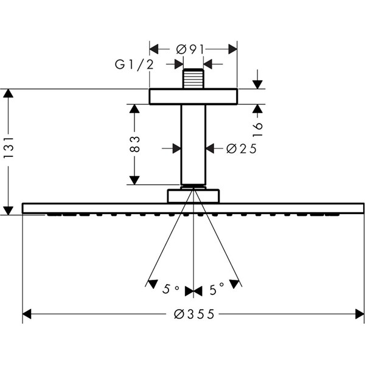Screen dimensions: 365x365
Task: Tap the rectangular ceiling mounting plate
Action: coord(193,97)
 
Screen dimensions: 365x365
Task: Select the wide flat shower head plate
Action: coord(193,208)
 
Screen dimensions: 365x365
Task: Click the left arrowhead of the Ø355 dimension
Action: coord(27,315)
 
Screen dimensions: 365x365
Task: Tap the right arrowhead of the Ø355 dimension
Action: coord(360,315)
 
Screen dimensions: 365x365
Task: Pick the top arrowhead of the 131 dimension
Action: coord(9,93)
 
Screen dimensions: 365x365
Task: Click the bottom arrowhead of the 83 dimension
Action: coord(134,180)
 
